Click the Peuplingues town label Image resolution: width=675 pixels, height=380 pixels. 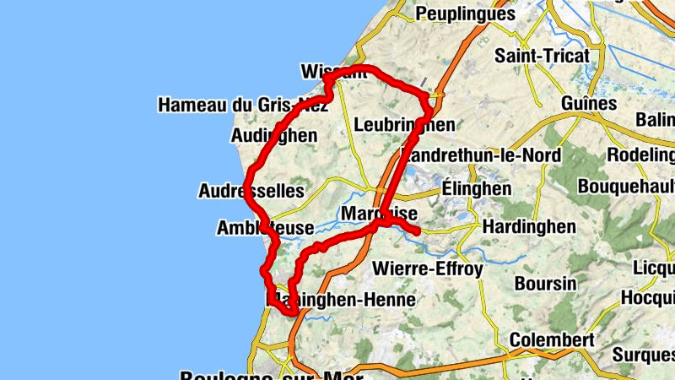(x=465, y=14)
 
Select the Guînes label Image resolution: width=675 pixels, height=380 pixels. (x=588, y=103)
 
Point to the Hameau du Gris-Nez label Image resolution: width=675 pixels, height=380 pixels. (x=243, y=106)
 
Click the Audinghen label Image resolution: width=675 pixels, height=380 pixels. (x=273, y=135)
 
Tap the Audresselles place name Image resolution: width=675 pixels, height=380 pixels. (x=251, y=191)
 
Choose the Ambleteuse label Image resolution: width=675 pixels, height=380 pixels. (x=265, y=228)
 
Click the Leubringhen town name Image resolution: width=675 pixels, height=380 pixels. (x=404, y=125)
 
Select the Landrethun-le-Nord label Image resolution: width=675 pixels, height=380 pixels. (x=482, y=156)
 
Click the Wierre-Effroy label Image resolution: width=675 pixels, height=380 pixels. (x=427, y=269)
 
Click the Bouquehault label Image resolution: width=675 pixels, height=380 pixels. (x=627, y=185)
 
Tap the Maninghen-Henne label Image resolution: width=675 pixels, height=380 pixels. (x=341, y=300)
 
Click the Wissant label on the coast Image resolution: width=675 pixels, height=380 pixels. (x=334, y=71)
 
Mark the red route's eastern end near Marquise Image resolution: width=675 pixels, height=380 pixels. (x=416, y=231)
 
